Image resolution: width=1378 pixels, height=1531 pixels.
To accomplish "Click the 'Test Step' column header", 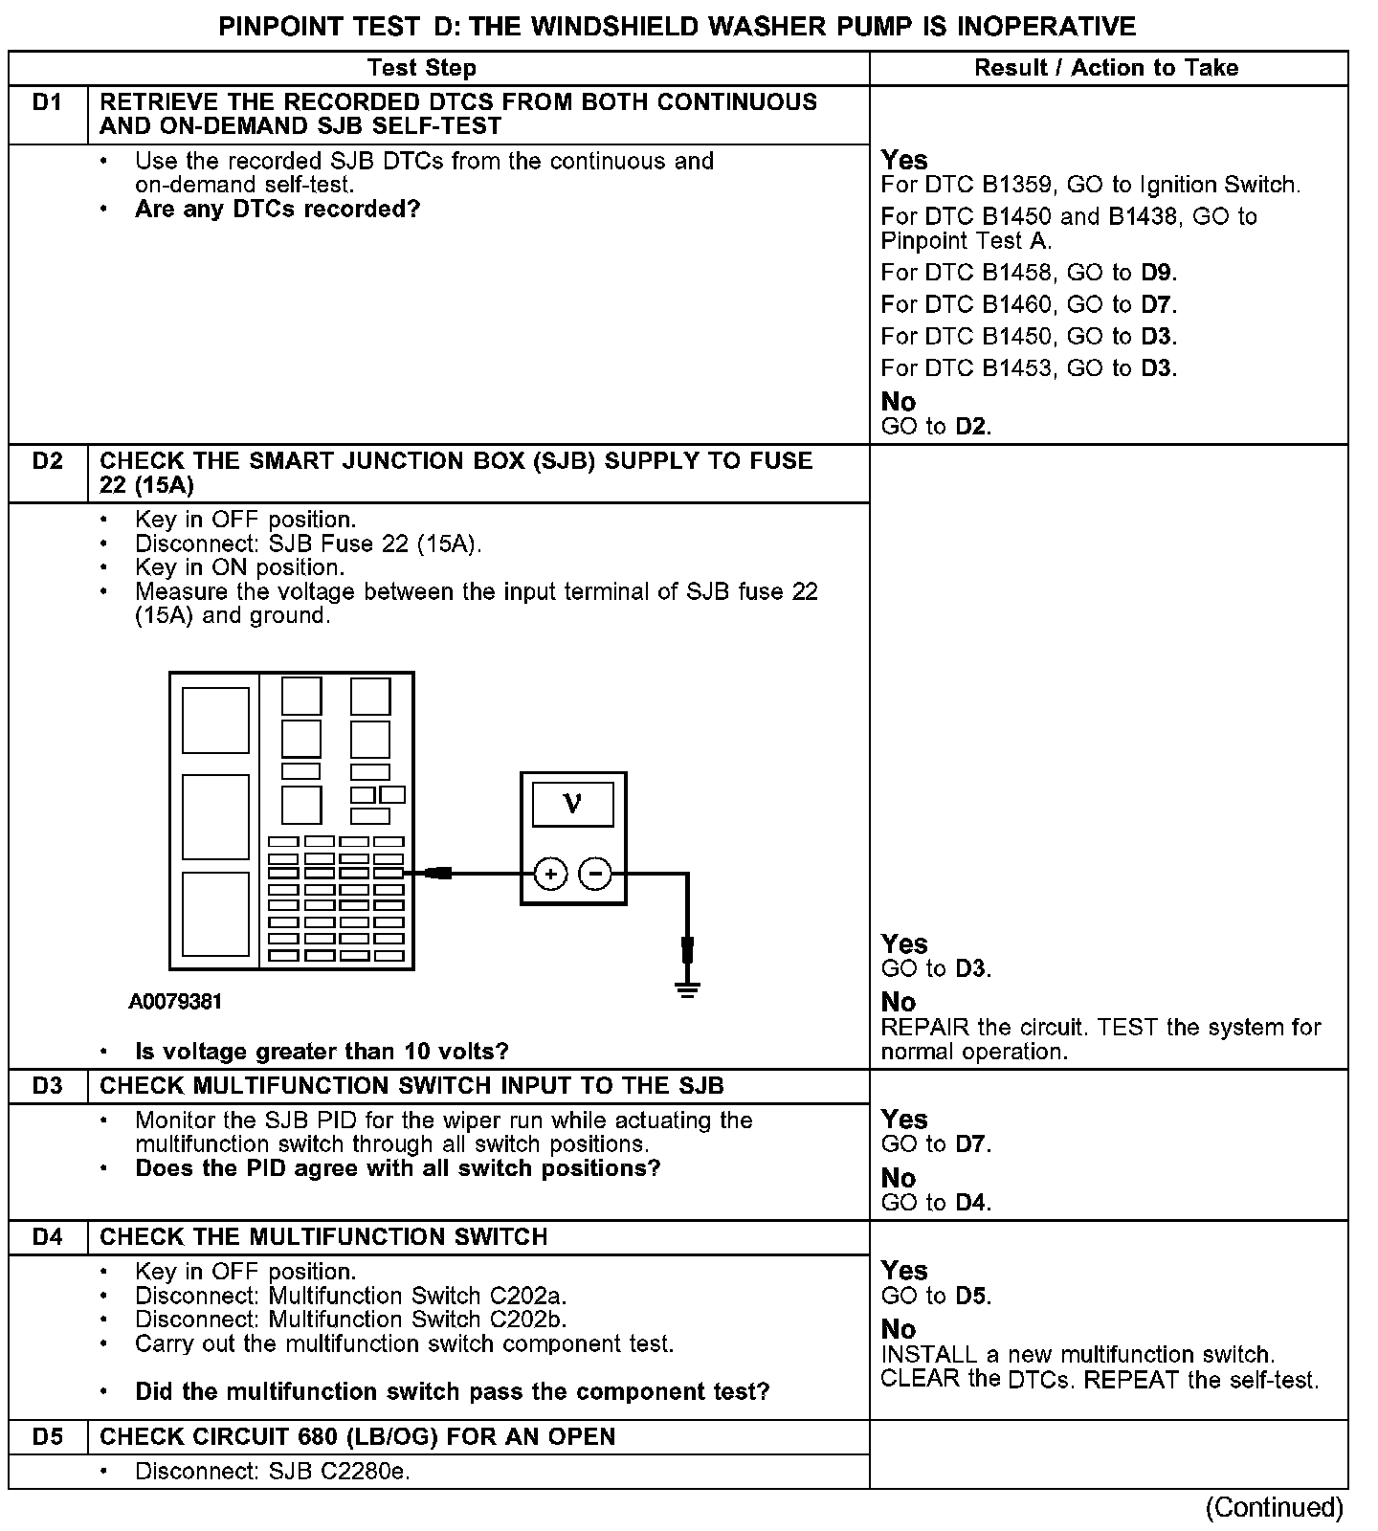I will (422, 68).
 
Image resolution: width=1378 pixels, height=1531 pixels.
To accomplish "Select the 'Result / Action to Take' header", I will (1106, 68).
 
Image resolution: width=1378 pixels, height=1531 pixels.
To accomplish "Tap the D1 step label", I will (47, 102).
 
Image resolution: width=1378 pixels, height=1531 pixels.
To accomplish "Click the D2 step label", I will (47, 461).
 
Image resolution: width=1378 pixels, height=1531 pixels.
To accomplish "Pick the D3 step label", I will (47, 1086).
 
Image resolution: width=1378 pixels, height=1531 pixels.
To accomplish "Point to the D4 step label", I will (47, 1237).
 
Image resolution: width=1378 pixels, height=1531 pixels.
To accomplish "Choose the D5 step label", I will (47, 1437).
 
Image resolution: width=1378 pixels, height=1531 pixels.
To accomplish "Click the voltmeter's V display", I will (572, 804).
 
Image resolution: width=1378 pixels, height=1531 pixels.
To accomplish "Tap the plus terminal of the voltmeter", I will (550, 874).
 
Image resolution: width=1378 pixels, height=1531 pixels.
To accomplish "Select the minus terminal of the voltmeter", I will (595, 874).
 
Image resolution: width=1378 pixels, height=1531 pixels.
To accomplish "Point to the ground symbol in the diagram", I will (687, 988).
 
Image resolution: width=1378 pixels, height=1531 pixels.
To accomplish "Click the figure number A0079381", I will (176, 1002).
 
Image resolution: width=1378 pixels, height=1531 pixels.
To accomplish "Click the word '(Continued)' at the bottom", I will (1275, 1508).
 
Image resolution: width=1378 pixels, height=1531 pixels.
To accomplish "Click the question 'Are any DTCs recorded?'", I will (278, 210).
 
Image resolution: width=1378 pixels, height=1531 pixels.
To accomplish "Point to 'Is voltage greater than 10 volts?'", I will (322, 1052).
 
